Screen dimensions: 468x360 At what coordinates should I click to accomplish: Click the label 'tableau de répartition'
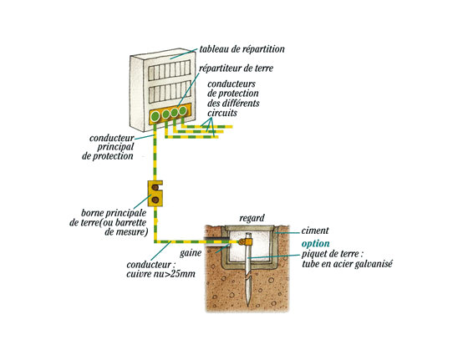[x=242, y=49]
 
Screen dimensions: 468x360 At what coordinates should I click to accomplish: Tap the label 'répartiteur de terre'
[x=236, y=68]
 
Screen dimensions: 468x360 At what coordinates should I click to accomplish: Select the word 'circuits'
[x=222, y=113]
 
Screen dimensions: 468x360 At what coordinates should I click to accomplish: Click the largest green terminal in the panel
[x=155, y=116]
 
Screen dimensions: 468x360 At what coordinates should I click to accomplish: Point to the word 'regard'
[x=252, y=218]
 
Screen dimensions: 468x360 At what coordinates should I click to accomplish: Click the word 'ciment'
[x=315, y=231]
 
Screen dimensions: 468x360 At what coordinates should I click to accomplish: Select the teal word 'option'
[x=316, y=244]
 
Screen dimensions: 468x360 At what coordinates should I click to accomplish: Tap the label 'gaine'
[x=191, y=253]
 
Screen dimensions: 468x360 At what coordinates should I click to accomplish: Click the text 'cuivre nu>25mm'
[x=160, y=274]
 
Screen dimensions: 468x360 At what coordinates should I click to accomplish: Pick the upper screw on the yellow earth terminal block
[x=155, y=187]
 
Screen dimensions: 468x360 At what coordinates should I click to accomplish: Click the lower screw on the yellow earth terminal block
[x=155, y=200]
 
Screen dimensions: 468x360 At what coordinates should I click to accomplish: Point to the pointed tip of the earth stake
[x=247, y=305]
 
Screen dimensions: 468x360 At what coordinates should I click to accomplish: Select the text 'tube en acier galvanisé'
[x=347, y=264]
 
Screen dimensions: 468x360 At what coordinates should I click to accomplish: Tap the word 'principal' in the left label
[x=115, y=147]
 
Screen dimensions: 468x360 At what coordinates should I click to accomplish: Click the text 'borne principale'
[x=114, y=213]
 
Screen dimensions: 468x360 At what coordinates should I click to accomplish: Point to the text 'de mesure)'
[x=126, y=232]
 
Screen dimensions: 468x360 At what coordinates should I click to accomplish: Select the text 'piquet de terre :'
[x=333, y=255]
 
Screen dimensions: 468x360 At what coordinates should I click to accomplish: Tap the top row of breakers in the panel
[x=170, y=70]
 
